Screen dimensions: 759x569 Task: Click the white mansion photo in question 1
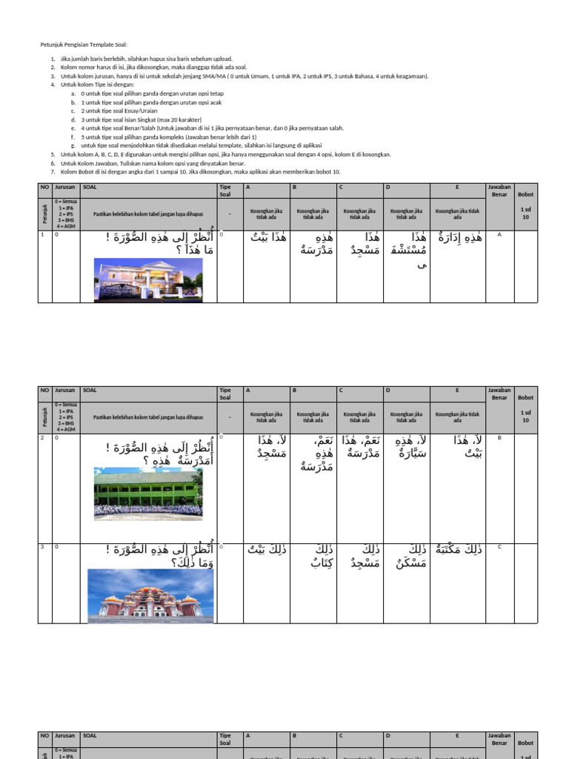(x=148, y=279)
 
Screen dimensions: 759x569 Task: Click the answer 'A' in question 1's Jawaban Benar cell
(x=500, y=235)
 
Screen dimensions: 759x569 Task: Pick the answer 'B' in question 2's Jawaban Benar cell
(x=500, y=437)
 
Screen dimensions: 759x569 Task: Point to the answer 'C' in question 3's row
(x=500, y=547)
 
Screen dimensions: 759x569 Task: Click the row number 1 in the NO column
(x=43, y=235)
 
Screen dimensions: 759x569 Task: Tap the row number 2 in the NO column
(x=43, y=437)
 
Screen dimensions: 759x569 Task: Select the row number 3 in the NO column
(x=43, y=547)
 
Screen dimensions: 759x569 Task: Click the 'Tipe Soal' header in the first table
(x=226, y=190)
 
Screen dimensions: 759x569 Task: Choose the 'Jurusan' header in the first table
(x=65, y=187)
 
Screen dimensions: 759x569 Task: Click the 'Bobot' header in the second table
(x=525, y=398)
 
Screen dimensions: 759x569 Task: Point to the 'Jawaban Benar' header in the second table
(x=499, y=394)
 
